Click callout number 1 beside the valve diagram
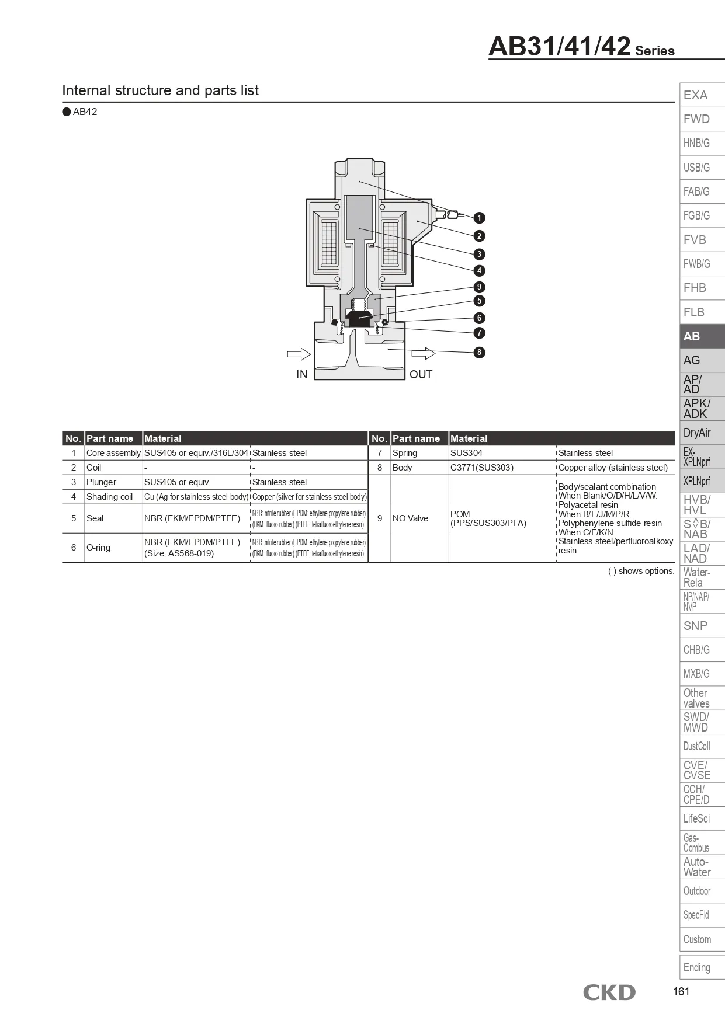(479, 218)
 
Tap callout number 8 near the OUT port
(479, 352)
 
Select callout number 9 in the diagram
(479, 287)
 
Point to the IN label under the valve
(301, 375)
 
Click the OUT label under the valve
(421, 375)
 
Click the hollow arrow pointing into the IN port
(299, 354)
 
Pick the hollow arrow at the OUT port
(424, 354)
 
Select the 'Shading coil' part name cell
(110, 497)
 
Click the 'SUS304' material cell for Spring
(466, 453)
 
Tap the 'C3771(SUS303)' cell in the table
(482, 468)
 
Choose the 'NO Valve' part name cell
(410, 518)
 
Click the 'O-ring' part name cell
(98, 548)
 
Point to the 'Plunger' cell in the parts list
(101, 482)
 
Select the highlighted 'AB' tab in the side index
(701, 336)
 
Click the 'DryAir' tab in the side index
(701, 433)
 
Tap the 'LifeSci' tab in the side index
(701, 818)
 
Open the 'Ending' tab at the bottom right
(701, 967)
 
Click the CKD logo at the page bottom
(609, 992)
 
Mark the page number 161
(681, 991)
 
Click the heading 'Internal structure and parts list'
(160, 90)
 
